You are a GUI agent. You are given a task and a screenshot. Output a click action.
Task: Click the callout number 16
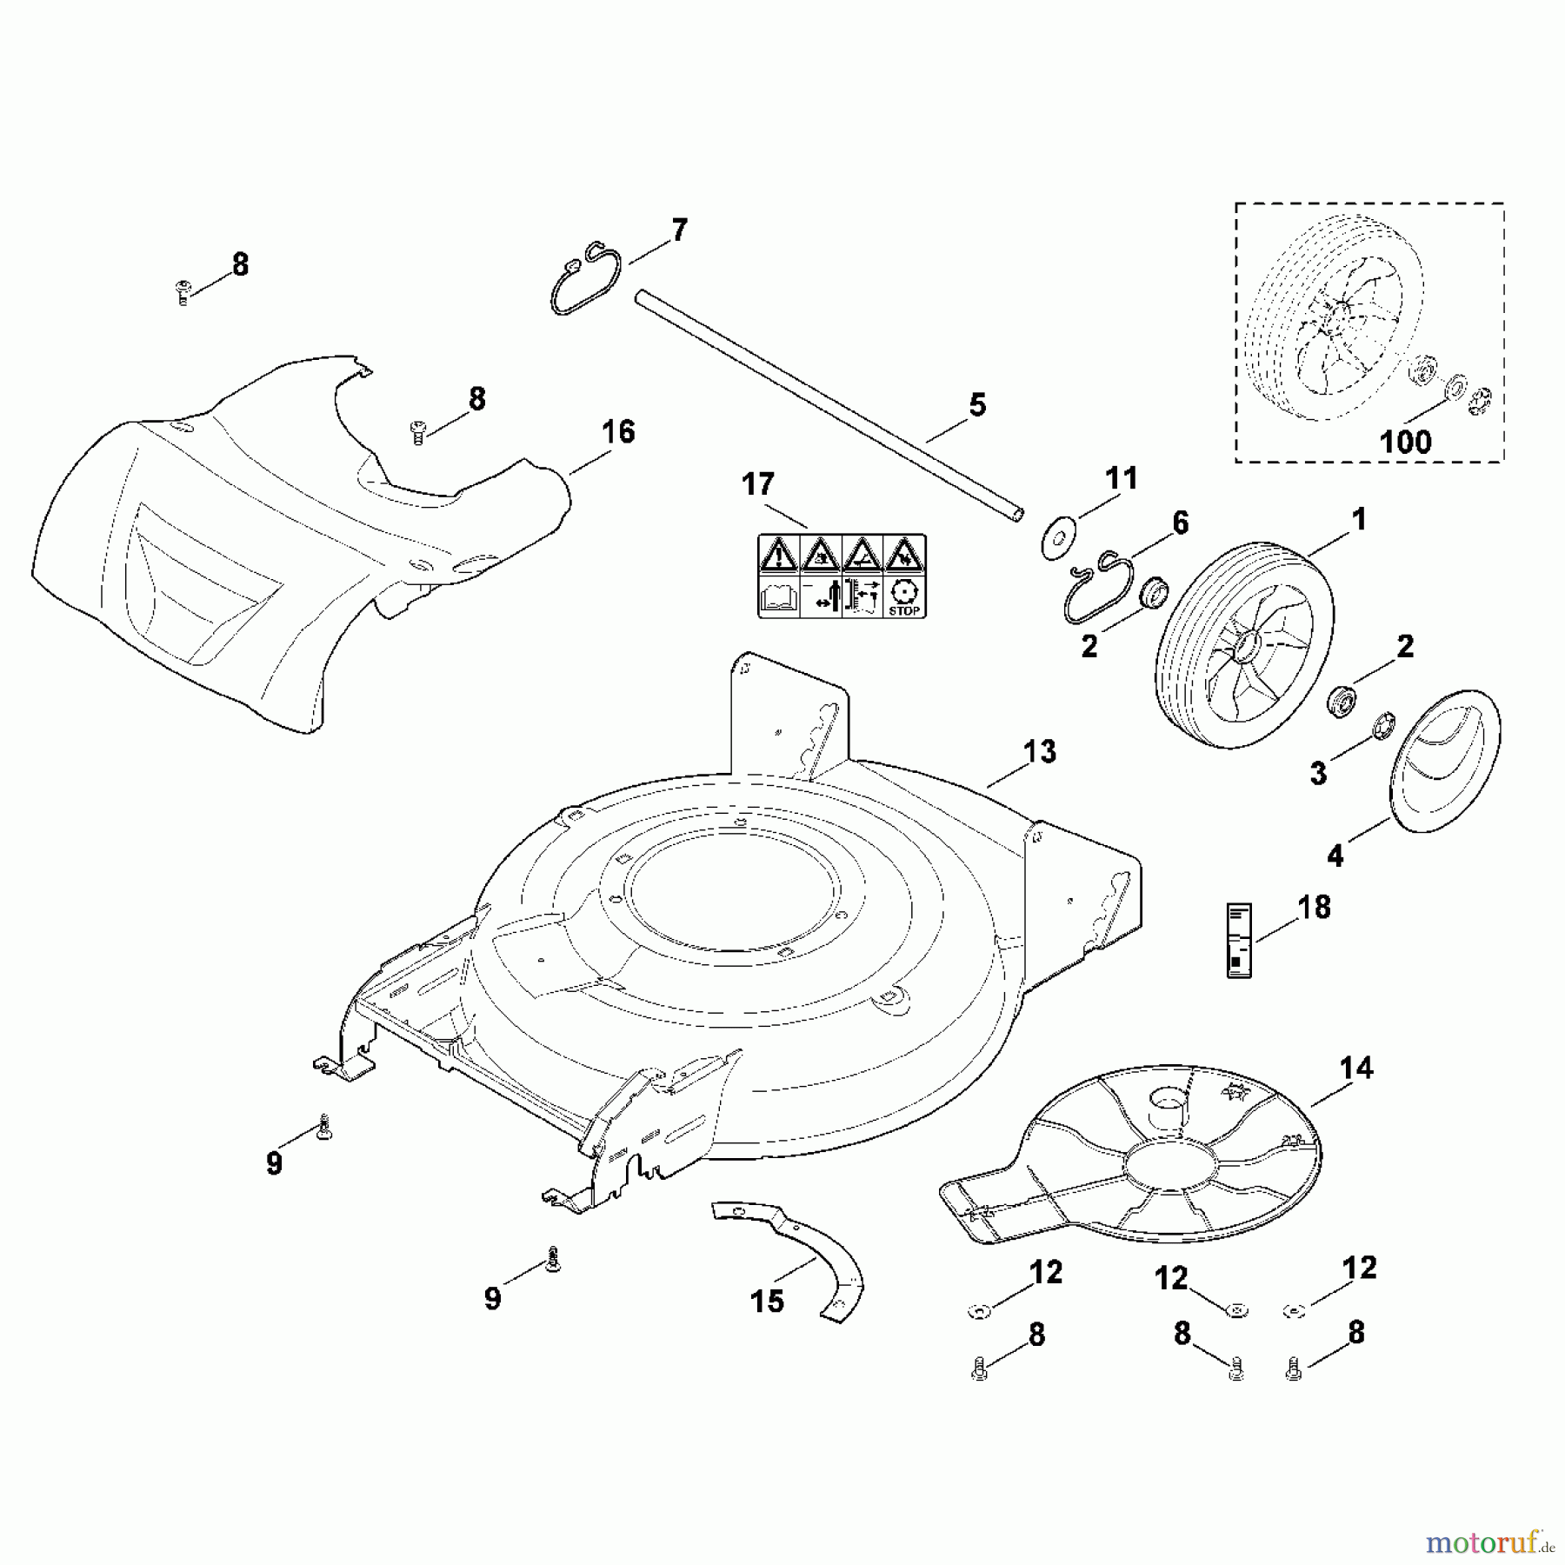[x=618, y=432]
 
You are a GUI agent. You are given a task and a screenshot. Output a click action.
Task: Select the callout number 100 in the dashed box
[x=1405, y=442]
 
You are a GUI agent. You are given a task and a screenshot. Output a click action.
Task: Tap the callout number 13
[x=1040, y=751]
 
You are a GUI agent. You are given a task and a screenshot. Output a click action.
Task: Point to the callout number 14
[x=1356, y=1068]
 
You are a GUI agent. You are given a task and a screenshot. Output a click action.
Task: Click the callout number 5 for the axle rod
[x=977, y=405]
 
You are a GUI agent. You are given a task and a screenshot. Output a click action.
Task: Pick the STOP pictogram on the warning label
[x=904, y=596]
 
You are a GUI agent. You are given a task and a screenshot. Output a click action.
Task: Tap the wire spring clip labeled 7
[x=586, y=278]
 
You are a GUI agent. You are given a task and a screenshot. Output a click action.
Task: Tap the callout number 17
[x=757, y=484]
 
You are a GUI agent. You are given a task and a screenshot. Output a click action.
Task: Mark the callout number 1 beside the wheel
[x=1359, y=520]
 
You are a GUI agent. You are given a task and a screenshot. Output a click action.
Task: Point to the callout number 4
[x=1335, y=856]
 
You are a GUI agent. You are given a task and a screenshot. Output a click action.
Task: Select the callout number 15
[x=767, y=1302]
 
